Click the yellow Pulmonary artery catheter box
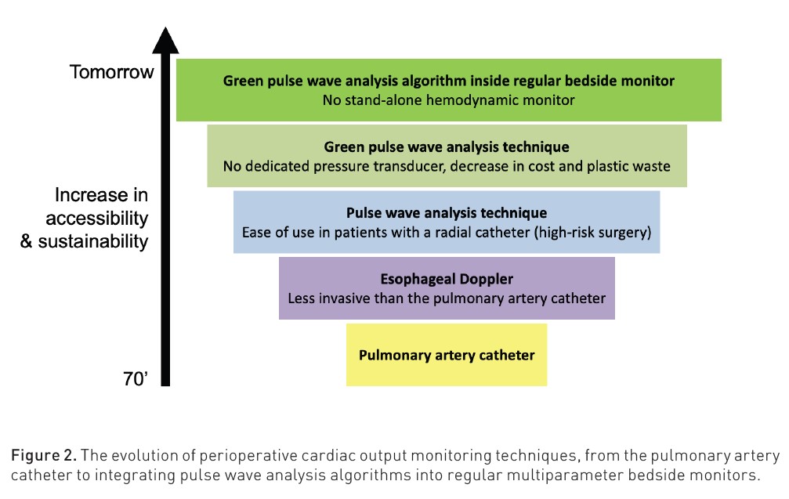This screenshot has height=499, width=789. pyautogui.click(x=447, y=355)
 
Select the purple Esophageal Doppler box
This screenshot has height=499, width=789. pyautogui.click(x=447, y=287)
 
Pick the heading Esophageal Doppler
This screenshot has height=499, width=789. pyautogui.click(x=447, y=279)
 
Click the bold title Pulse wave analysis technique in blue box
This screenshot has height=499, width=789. pyautogui.click(x=447, y=213)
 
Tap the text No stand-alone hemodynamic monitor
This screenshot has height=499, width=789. pyautogui.click(x=448, y=99)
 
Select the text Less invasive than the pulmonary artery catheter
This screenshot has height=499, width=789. pyautogui.click(x=447, y=298)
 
